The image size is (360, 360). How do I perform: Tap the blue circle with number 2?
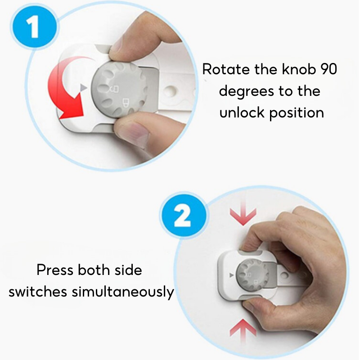pyautogui.click(x=183, y=216)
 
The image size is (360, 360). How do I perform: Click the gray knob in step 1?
pyautogui.click(x=119, y=90)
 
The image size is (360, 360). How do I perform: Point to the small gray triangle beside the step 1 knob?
pyautogui.click(x=83, y=88)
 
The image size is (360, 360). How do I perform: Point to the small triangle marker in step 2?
pyautogui.click(x=231, y=275)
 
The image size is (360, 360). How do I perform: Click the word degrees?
pyautogui.click(x=247, y=92)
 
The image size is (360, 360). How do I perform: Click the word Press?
pyautogui.click(x=55, y=270)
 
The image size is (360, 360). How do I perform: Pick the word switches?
pyautogui.click(x=38, y=292)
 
